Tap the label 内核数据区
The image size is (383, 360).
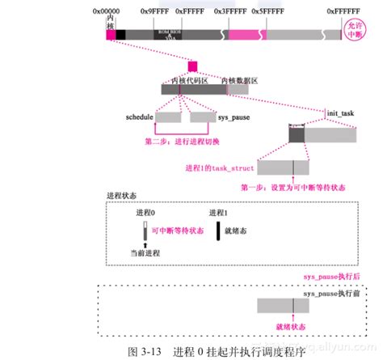[239, 81]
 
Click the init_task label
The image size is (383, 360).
[342, 113]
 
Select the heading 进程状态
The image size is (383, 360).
[122, 196]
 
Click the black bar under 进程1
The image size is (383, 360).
[217, 231]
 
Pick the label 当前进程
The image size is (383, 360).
[146, 253]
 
